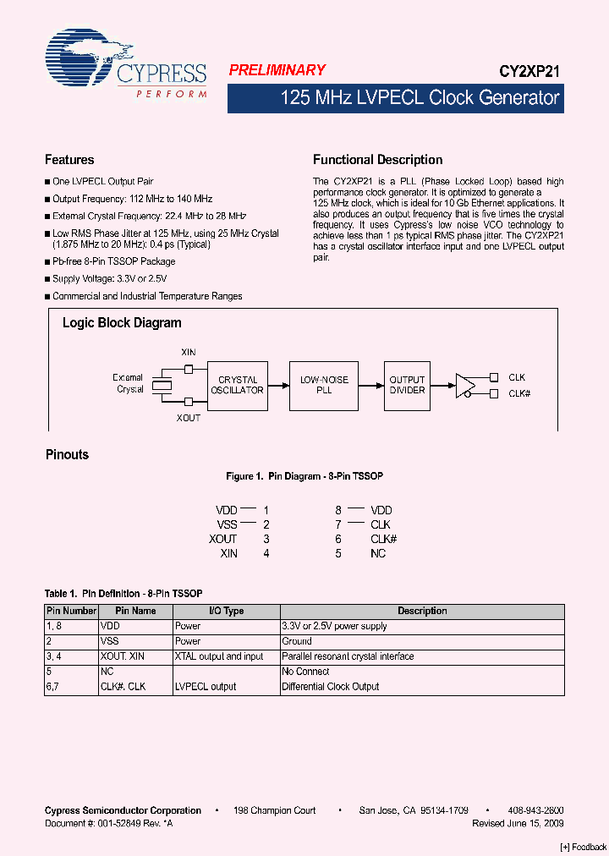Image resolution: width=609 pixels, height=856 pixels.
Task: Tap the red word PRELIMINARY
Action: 277,71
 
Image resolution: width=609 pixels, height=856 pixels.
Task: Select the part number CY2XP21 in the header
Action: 529,74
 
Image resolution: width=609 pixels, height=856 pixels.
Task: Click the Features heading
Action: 69,160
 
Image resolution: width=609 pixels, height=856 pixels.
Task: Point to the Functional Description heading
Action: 377,160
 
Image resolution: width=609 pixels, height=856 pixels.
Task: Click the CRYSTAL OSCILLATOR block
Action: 237,386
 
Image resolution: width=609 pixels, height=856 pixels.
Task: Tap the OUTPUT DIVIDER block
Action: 407,386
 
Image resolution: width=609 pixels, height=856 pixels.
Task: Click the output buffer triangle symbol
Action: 465,386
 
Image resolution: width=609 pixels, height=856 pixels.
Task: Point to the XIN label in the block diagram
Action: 189,352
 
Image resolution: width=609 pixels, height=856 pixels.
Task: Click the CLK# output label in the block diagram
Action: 519,394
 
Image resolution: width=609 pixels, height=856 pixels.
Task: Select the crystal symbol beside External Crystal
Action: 162,385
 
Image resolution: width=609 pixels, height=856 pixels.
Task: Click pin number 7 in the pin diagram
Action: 338,525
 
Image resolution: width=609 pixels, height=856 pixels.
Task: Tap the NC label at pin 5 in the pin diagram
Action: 378,554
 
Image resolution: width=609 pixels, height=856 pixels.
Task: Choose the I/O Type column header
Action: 226,611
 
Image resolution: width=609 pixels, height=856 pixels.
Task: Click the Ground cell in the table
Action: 297,641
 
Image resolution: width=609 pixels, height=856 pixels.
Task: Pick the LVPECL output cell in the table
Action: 206,687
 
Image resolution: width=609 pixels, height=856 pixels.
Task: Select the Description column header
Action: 422,611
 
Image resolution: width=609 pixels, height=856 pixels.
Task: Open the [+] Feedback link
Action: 584,848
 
